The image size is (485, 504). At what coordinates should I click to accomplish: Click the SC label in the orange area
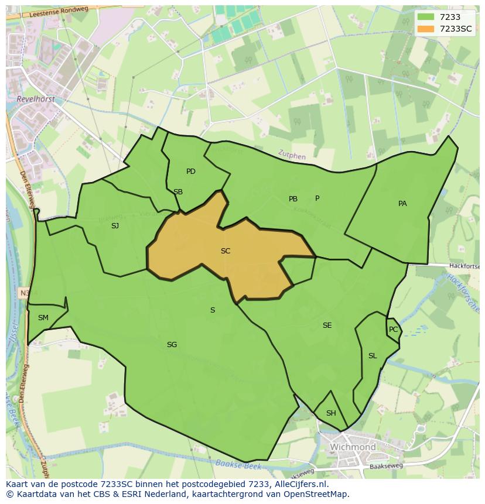coord(226,251)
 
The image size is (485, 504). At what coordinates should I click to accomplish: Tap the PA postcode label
coord(402,204)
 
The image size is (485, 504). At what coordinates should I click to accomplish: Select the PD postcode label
coord(191,172)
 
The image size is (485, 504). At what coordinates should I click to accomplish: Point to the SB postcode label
coord(178,192)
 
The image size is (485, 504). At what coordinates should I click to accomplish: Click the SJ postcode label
coord(115,225)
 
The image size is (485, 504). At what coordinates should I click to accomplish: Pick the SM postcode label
coord(43,318)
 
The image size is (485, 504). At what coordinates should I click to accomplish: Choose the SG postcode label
coord(172,345)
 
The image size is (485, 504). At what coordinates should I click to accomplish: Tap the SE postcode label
coord(327,325)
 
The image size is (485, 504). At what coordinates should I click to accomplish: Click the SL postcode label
coord(373,356)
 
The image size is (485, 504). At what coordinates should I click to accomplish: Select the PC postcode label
coord(393,330)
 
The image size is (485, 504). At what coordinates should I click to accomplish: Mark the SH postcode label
coord(331,413)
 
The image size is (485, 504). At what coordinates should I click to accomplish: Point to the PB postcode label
coord(293,199)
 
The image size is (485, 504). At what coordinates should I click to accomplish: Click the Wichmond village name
coord(353,447)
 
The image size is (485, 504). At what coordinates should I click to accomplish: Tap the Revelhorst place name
coord(36,100)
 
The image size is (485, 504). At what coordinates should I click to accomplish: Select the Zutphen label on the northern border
coord(292,155)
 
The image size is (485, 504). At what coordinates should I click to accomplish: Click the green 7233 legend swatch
coord(425,18)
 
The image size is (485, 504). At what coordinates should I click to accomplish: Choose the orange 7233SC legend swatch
coord(425,29)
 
